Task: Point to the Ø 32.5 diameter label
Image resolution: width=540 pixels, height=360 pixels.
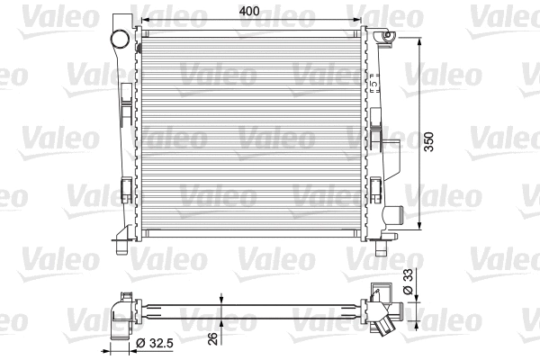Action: pos(156,343)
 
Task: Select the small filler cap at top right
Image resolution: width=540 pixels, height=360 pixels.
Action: pos(389,36)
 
